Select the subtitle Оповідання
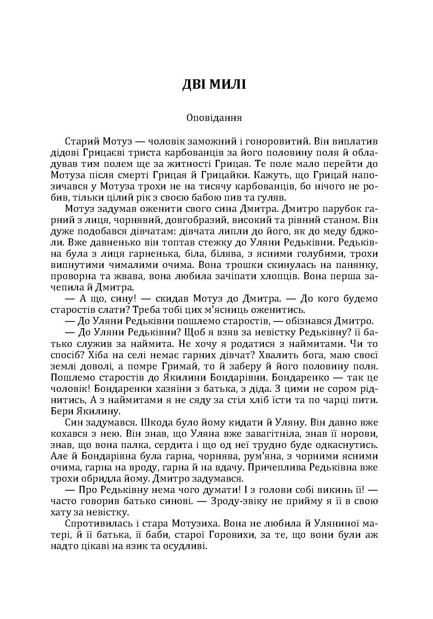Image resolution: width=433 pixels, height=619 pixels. [x=214, y=118]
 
